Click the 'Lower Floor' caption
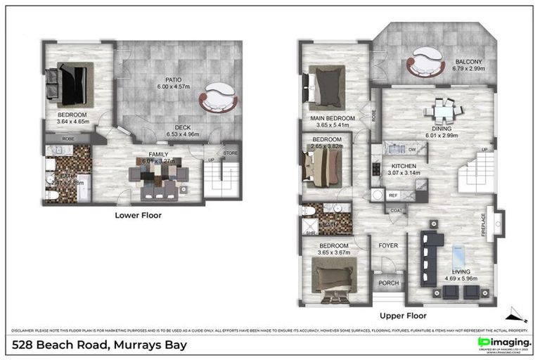point(138,215)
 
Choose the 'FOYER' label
point(388,245)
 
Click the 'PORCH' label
point(388,283)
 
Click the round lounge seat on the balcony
point(426,61)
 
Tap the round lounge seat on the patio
point(218,98)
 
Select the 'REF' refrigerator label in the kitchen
point(394,195)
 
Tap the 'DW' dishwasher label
point(411,149)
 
